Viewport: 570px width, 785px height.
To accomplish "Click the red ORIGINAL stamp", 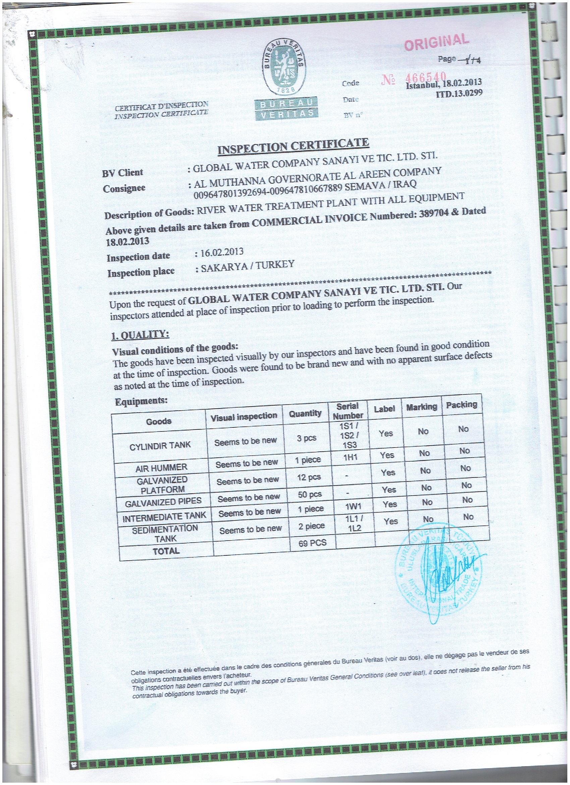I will tap(437, 42).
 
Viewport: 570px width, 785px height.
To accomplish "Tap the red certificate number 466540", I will tap(425, 77).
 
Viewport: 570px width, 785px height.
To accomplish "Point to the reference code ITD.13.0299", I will tap(459, 93).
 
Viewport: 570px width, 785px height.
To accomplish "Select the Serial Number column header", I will tap(347, 411).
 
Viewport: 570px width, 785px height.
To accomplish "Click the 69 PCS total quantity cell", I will tap(312, 543).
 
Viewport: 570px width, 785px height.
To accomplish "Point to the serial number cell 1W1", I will tap(353, 507).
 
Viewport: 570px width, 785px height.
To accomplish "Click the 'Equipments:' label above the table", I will tap(141, 402).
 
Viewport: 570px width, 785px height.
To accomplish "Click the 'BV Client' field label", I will tap(122, 173).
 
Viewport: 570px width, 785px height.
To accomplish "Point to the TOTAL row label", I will tap(166, 551).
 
